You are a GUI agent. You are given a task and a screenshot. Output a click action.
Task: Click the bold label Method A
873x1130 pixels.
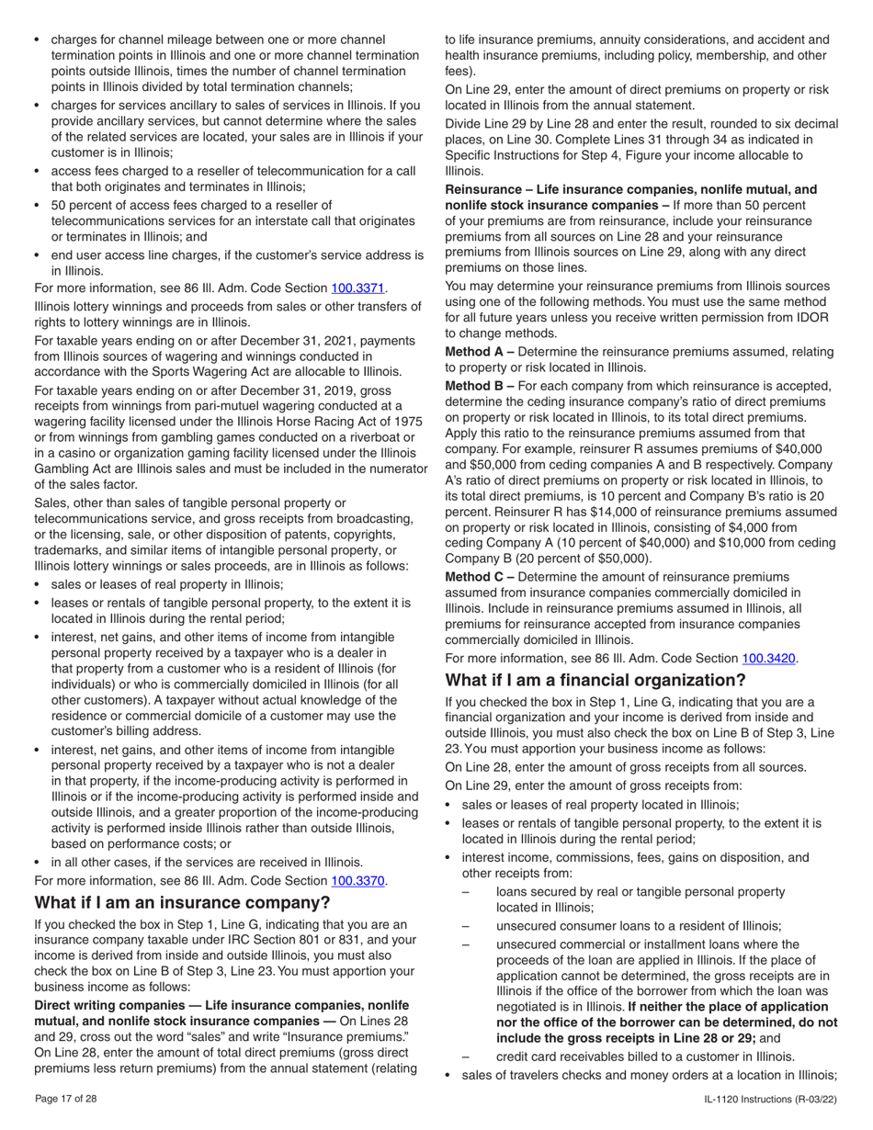478,352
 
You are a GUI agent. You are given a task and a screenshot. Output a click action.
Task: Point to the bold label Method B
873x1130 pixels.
478,386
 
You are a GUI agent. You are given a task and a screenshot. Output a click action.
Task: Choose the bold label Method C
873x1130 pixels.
478,576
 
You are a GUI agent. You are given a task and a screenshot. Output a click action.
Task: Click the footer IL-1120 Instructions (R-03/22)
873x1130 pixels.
771,1099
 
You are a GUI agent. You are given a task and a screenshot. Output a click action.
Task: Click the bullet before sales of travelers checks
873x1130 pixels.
449,1075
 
